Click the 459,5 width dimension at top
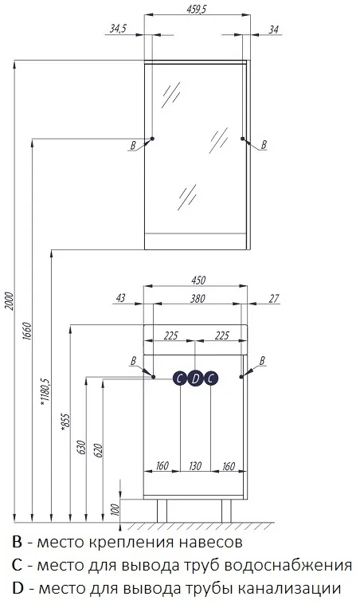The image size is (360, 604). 197,10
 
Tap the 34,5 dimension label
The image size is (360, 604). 118,29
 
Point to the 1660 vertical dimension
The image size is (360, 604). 26,331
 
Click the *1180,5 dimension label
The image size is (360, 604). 45,391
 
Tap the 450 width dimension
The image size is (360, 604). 198,280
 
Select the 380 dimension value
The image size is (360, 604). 198,298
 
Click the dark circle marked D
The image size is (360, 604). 195,378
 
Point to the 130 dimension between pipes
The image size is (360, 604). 195,465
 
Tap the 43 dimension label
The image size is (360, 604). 120,298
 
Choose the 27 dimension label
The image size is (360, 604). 274,298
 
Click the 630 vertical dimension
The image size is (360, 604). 81,447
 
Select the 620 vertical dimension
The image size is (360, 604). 98,450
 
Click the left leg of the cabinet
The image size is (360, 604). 162,511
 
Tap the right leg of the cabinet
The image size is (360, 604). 226,511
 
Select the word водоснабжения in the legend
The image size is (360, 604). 288,566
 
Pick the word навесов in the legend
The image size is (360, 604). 209,542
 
